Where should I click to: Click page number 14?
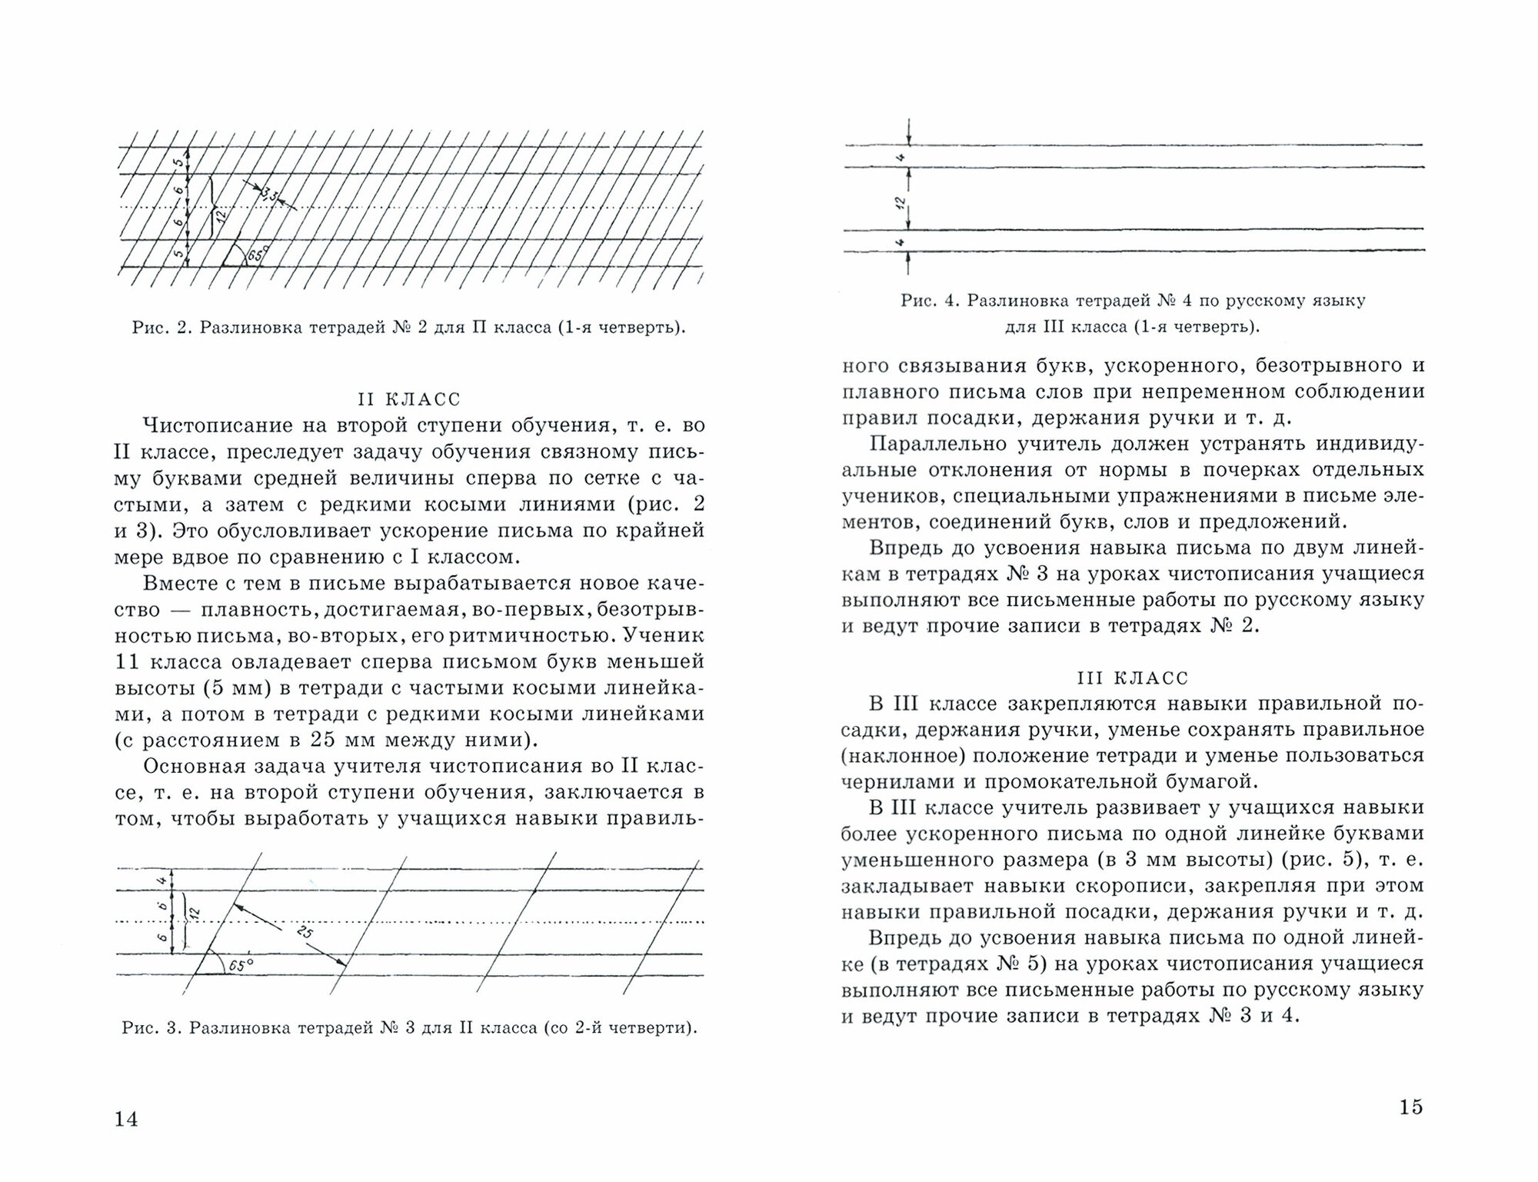pyautogui.click(x=126, y=1118)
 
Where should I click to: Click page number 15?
pyautogui.click(x=1411, y=1107)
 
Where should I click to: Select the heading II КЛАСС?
pyautogui.click(x=409, y=399)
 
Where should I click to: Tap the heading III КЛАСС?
pyautogui.click(x=1131, y=678)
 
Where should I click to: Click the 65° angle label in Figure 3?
pyautogui.click(x=240, y=965)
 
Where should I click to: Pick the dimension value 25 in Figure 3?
pyautogui.click(x=305, y=934)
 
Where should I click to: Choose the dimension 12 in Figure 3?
pyautogui.click(x=194, y=913)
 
